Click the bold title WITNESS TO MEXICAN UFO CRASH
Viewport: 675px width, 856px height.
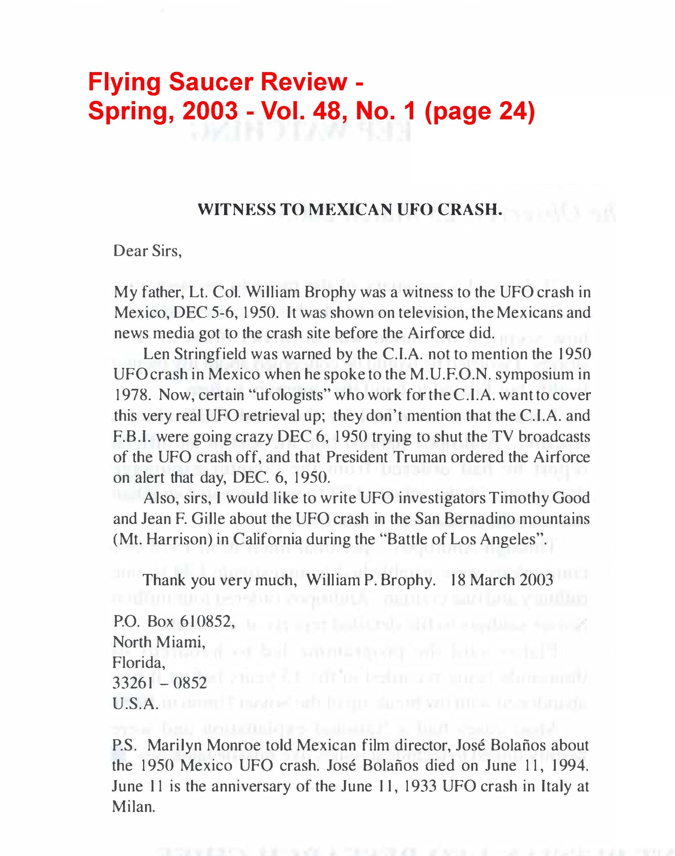(350, 210)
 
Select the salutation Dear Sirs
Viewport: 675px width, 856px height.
(147, 251)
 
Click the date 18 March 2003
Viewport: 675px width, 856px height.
(502, 580)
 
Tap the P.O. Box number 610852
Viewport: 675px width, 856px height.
(206, 622)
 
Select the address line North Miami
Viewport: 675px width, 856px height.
(159, 642)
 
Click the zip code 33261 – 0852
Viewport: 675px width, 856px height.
(159, 683)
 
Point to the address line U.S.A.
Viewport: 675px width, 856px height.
(135, 704)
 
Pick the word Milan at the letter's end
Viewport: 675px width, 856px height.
(133, 807)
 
